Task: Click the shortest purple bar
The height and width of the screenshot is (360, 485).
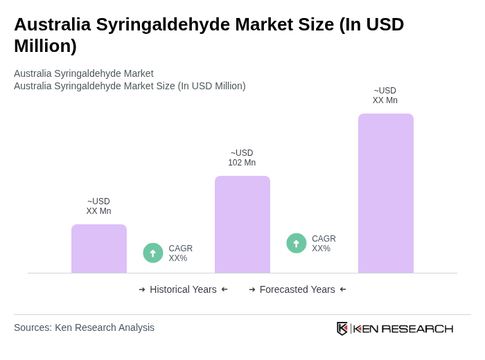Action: (x=99, y=249)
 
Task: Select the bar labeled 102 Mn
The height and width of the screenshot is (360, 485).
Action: (x=242, y=224)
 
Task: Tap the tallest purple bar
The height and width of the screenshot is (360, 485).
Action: (x=386, y=193)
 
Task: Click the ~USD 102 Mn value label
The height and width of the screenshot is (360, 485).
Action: (x=242, y=158)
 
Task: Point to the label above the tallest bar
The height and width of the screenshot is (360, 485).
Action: (x=385, y=96)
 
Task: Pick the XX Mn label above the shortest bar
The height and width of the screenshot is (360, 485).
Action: (x=98, y=206)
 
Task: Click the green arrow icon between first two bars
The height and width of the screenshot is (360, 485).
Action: (x=153, y=253)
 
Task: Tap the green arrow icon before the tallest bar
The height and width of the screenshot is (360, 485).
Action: (x=297, y=243)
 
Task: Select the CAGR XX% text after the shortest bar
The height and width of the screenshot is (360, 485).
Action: (x=180, y=253)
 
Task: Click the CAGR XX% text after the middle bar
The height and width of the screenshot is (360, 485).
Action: (x=324, y=244)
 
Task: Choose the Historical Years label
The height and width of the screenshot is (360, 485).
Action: (x=183, y=289)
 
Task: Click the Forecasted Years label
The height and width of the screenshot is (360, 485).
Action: (x=297, y=289)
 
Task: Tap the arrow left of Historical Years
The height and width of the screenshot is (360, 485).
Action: (x=142, y=289)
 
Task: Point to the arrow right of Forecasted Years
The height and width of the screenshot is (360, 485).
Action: (x=343, y=289)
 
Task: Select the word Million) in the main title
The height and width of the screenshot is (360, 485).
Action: (x=45, y=46)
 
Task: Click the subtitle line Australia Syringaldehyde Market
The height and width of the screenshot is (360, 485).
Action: (x=84, y=73)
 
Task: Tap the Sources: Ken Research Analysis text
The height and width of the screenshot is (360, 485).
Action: (x=84, y=327)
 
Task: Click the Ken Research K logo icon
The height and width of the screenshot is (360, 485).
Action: (x=342, y=328)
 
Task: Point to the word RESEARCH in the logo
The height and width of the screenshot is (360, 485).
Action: (x=417, y=328)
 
